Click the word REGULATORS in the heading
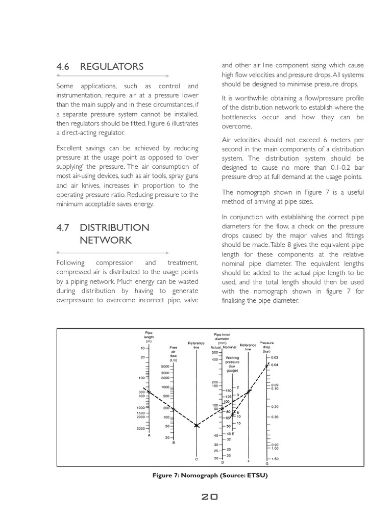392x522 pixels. [112, 67]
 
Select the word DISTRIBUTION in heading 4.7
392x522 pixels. [114, 227]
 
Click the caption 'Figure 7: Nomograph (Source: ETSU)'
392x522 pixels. [210, 475]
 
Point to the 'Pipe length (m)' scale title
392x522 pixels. [149, 337]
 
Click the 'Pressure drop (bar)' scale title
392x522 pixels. [266, 347]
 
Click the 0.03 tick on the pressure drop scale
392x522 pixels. [275, 358]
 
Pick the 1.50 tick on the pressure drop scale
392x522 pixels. [275, 459]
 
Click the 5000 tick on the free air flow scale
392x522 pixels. [165, 367]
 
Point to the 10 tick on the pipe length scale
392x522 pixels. [142, 348]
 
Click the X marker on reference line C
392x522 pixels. [197, 425]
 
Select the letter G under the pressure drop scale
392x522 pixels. [266, 464]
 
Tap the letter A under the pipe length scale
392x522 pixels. [149, 435]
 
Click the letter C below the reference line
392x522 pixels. [197, 459]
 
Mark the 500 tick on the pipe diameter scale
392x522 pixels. [214, 352]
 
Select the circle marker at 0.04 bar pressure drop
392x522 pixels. [266, 366]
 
